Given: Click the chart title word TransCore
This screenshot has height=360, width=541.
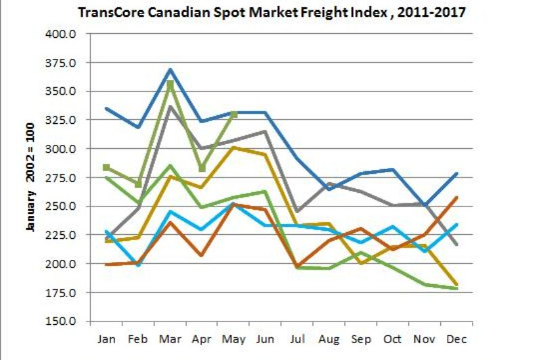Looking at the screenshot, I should click(108, 13).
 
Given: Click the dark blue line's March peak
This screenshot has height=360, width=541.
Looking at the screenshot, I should click(170, 69).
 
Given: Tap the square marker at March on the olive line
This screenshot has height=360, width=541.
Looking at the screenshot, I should click(170, 84).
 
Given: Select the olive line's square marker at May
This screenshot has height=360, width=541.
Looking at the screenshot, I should click(234, 114).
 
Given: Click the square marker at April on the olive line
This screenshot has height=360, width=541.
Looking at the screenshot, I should click(202, 168).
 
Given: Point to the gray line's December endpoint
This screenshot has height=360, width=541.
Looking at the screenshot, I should click(456, 245).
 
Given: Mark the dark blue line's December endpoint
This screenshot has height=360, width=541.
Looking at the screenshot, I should click(456, 173).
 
